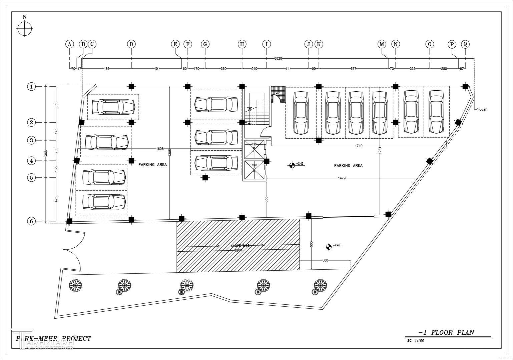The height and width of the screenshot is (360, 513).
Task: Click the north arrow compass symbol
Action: coord(24,28)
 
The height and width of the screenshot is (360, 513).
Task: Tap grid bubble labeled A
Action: coord(69,44)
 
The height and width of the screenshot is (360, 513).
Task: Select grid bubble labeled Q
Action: coord(465,44)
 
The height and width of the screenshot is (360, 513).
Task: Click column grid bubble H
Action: coord(242,44)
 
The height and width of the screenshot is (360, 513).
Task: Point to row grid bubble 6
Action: coord(31,221)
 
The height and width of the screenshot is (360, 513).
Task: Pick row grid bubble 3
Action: coord(31,140)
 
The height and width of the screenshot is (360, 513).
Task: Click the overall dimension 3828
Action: coord(278,58)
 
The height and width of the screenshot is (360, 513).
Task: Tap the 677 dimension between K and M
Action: coord(353,69)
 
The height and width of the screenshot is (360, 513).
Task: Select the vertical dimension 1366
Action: coord(46,153)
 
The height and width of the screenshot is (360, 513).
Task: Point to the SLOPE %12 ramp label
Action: coord(240,246)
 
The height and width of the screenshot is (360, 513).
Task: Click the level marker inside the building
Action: coord(292,164)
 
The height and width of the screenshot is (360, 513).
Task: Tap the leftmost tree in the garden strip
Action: coord(75,285)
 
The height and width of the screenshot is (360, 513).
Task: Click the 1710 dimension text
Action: coord(359,146)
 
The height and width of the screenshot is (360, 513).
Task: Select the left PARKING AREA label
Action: coord(152,165)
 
